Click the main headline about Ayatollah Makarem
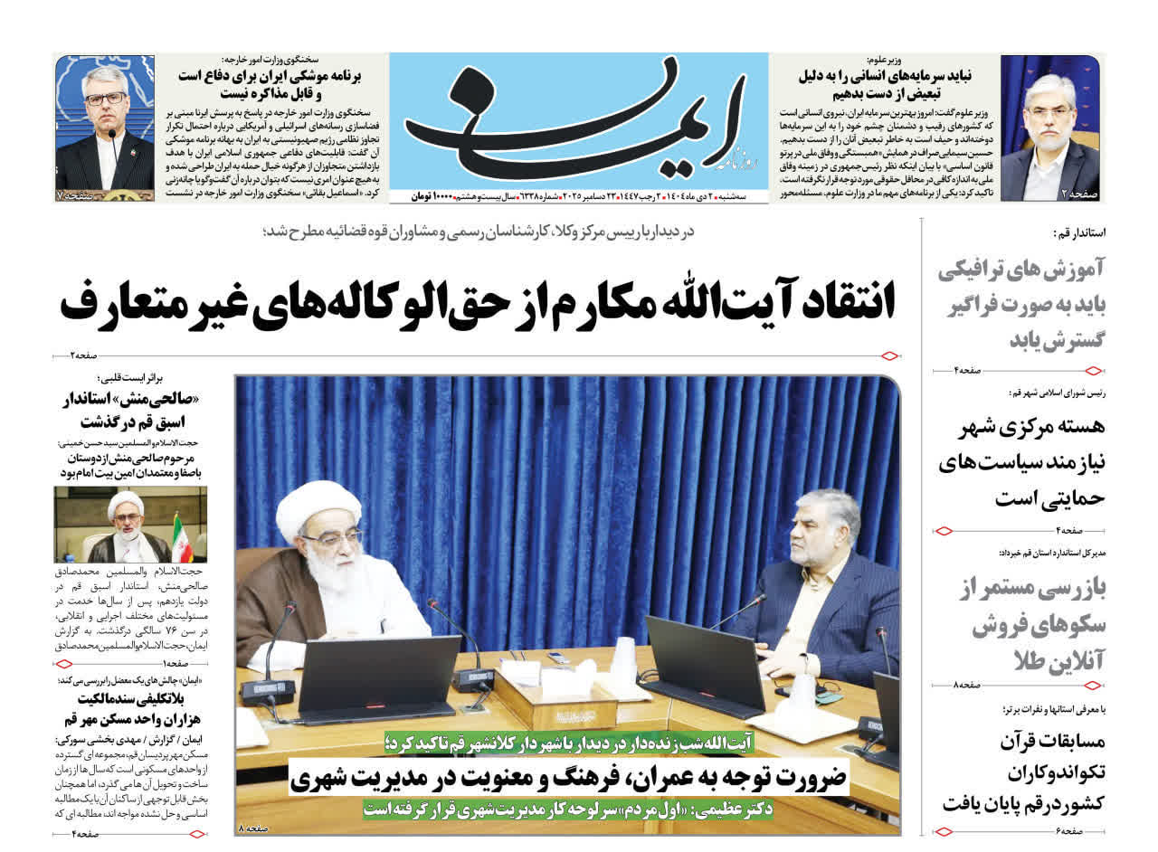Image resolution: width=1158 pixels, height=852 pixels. pyautogui.click(x=478, y=302)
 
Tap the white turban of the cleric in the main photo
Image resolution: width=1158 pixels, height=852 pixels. pyautogui.click(x=318, y=510)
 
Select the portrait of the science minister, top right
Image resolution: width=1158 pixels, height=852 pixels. pyautogui.click(x=1049, y=128)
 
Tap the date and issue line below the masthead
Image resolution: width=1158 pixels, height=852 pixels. pyautogui.click(x=579, y=196)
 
